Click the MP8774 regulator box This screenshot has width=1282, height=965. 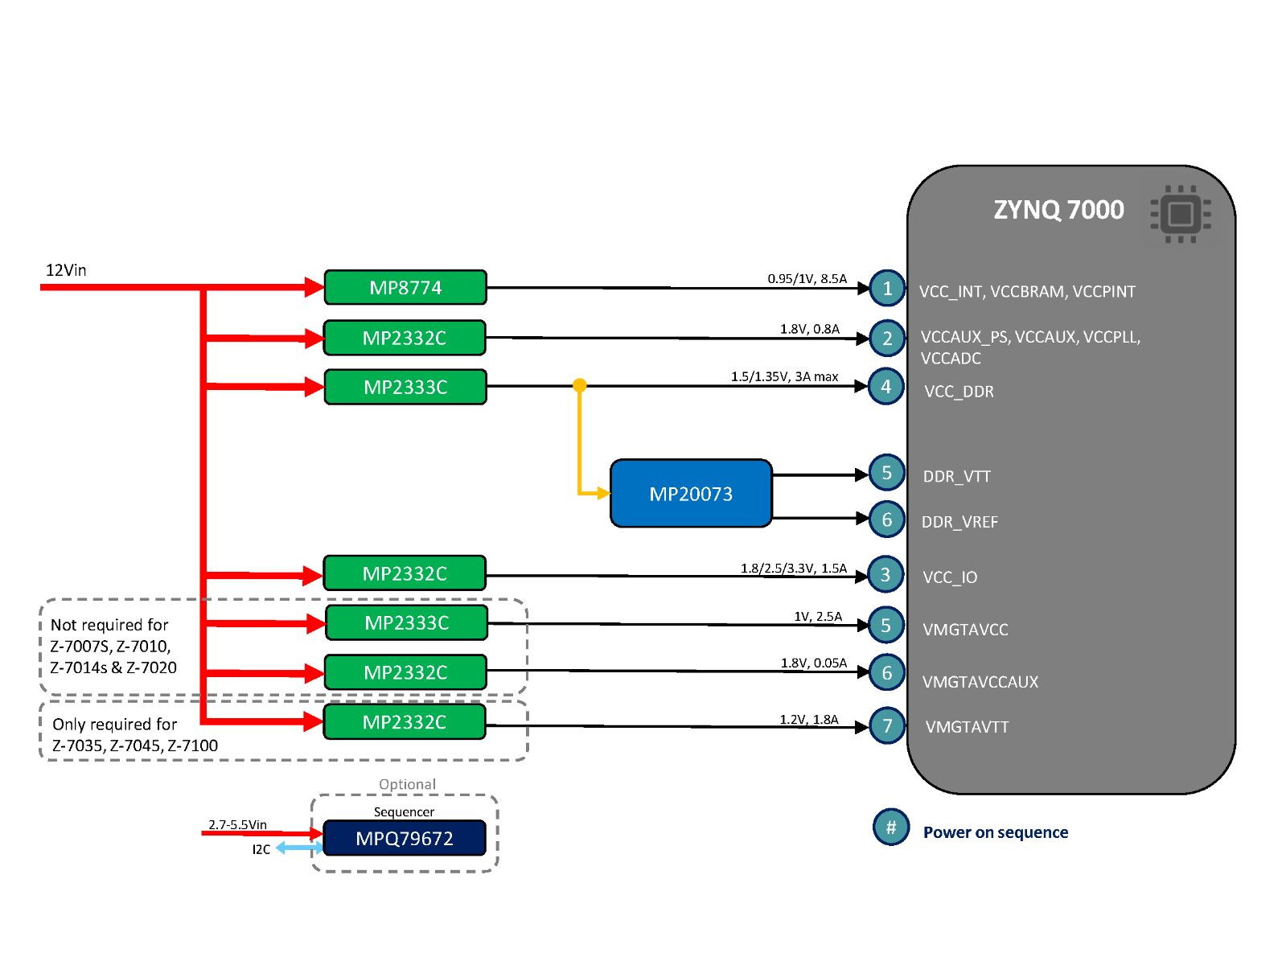coord(405,288)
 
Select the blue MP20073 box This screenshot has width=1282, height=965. coord(691,494)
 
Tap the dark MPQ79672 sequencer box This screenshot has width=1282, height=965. coord(405,838)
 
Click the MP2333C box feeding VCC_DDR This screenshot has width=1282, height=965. coord(405,387)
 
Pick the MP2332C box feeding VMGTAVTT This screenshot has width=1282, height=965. coord(405,722)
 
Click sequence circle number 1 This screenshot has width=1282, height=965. coord(887,288)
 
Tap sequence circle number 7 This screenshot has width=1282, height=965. coord(887,725)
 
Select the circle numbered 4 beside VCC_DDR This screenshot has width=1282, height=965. coord(886,387)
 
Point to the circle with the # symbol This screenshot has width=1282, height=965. coord(891,827)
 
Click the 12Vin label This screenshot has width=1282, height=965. coord(66,270)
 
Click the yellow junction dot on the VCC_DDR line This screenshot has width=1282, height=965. coord(579,385)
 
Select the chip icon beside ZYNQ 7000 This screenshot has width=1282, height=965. coord(1180,214)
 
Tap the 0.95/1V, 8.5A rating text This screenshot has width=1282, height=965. coord(807,278)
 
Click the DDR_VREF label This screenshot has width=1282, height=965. coord(959,522)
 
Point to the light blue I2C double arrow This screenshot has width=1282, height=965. coord(298,848)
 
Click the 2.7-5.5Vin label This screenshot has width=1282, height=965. coord(237,824)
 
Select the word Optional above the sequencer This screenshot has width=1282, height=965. coord(407,784)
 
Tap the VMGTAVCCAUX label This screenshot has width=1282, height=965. coord(980,682)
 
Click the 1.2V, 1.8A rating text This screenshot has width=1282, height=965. coord(808,719)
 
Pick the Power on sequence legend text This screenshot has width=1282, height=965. coord(995,832)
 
